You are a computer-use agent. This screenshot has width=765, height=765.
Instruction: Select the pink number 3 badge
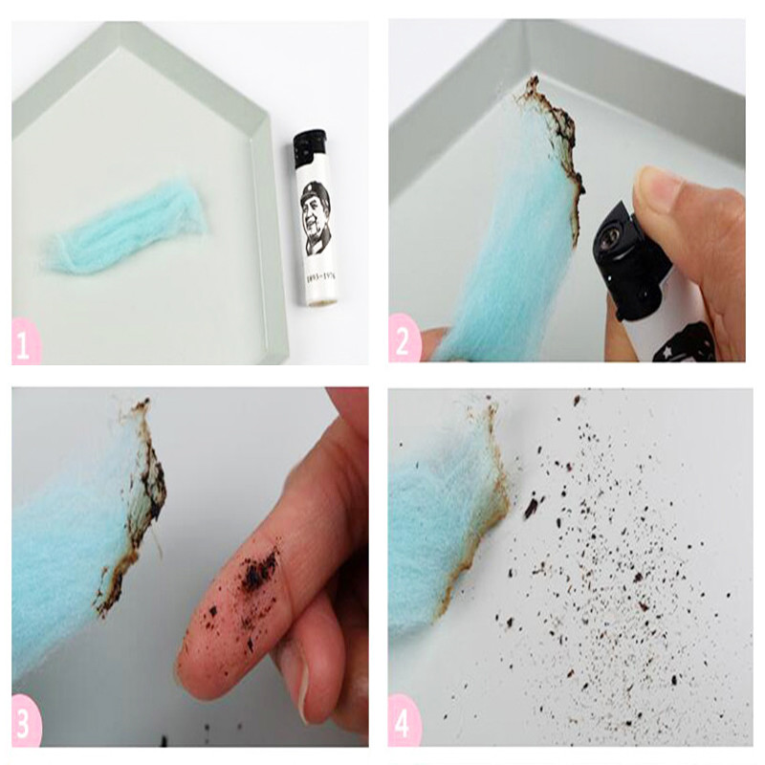(x=27, y=724)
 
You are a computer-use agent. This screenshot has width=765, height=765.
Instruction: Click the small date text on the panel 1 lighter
(x=317, y=273)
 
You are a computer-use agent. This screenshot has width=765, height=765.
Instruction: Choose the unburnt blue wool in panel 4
(x=430, y=535)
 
